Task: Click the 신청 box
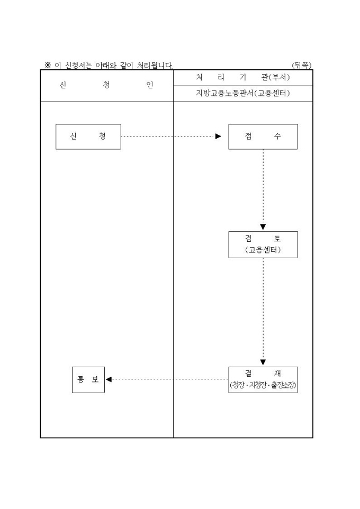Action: coord(88,137)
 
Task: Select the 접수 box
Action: coord(263,137)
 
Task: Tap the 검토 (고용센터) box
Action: coord(263,244)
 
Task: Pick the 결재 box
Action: coord(263,379)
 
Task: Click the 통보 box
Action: coord(88,379)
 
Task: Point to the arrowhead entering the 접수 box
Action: coord(218,137)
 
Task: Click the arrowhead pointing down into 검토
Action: coord(263,226)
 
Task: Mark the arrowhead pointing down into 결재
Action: coord(263,362)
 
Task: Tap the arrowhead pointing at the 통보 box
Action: coord(109,379)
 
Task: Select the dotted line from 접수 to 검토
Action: coord(263,185)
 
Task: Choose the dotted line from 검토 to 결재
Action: coord(263,307)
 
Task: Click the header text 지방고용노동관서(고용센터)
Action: coord(243,94)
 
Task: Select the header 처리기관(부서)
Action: coord(243,78)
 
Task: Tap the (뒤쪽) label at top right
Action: coord(302,65)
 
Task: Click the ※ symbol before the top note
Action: coord(48,65)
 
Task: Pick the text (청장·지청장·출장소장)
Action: coord(263,386)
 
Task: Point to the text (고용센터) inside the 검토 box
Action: coord(263,250)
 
